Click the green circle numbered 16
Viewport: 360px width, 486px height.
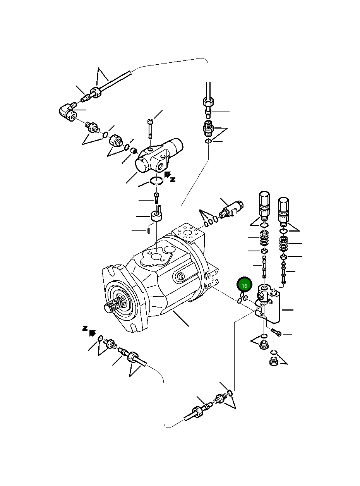click(244, 286)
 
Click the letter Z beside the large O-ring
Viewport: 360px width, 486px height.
click(173, 179)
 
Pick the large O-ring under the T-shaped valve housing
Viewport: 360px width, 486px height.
click(157, 181)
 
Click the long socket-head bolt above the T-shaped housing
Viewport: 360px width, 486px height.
click(150, 128)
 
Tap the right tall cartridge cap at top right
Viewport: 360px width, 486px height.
click(284, 209)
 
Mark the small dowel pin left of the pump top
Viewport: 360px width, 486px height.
click(149, 230)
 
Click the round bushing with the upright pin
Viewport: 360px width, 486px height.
click(156, 217)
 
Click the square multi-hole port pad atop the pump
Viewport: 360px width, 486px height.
click(189, 234)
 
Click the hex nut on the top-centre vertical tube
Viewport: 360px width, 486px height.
click(208, 103)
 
